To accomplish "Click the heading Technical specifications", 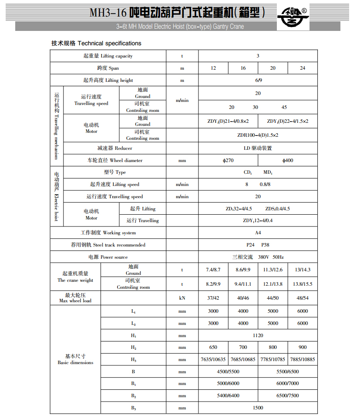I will coord(96,43).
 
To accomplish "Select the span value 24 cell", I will coord(303,68).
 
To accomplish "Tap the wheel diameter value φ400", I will coord(288,160).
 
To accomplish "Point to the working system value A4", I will coord(258,233).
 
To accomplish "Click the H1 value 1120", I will coord(258,335).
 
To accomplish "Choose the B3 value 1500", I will coord(258,408).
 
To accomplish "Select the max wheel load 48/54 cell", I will coord(303,298).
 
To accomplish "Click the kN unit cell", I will coord(182,298).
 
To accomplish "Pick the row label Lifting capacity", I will coord(108,56).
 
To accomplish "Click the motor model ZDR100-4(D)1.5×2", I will coord(258,135).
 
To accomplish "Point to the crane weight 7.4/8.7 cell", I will coord(213,270).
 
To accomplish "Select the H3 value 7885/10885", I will coord(303,359).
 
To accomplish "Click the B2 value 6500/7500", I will coord(288,395).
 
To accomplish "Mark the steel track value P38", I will coord(265,245).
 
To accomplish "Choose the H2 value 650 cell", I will coord(213,347).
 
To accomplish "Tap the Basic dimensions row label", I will coord(75,359).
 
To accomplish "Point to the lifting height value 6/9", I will coord(258,80).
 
